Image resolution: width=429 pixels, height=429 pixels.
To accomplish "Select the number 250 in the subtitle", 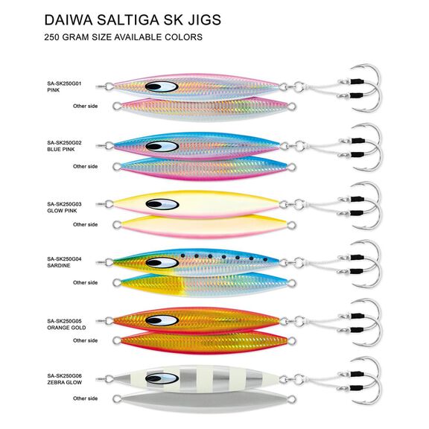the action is (x=52, y=37).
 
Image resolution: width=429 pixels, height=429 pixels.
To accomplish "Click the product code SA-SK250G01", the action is (x=64, y=83).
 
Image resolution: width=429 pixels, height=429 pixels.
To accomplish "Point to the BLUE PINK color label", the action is (x=61, y=150).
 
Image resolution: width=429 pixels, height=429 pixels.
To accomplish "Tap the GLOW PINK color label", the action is (x=62, y=211).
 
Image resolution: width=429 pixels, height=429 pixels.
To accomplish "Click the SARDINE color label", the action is (x=59, y=265).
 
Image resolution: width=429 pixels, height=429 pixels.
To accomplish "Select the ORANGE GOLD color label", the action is (x=66, y=328).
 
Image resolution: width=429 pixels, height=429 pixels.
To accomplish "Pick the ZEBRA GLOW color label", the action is (x=65, y=382).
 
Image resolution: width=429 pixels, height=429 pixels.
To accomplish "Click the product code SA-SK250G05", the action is (x=64, y=321).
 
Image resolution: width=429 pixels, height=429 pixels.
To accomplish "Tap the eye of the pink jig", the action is (x=162, y=86).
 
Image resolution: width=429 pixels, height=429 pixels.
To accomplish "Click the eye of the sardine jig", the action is (x=162, y=263).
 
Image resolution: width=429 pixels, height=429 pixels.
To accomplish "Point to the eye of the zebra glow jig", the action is (x=162, y=378).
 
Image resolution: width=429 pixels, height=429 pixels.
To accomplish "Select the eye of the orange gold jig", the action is (x=162, y=320).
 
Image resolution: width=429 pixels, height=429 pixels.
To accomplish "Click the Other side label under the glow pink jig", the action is (x=86, y=224).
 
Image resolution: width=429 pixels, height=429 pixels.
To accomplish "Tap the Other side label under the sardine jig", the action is (x=86, y=282).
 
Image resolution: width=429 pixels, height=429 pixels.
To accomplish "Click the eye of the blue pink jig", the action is (x=162, y=147).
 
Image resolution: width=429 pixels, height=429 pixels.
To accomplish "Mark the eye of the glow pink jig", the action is (x=162, y=204).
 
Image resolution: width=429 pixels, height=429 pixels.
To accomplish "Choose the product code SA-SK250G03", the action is (x=64, y=204).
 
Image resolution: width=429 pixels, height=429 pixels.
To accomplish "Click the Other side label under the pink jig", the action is (x=86, y=106).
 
